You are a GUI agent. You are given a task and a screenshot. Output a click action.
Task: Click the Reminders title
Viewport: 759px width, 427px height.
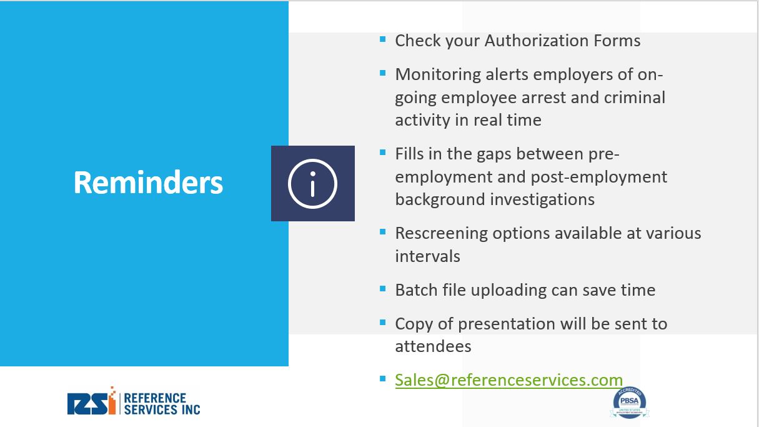click(148, 183)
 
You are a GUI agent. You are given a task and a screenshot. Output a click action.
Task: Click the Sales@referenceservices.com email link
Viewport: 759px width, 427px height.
click(508, 380)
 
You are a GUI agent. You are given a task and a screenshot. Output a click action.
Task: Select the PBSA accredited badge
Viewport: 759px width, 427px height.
click(629, 403)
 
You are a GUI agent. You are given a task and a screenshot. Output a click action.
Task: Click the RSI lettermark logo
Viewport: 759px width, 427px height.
click(91, 401)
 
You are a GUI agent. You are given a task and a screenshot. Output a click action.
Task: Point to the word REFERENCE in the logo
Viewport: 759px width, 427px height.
click(155, 398)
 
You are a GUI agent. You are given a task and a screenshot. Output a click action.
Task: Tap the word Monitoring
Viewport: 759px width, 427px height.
click(438, 75)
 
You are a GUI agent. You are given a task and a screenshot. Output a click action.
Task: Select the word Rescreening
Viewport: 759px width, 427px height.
click(441, 234)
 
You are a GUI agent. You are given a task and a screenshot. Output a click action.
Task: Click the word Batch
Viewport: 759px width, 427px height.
click(416, 290)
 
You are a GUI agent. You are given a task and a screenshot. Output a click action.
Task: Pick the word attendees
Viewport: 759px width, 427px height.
click(433, 346)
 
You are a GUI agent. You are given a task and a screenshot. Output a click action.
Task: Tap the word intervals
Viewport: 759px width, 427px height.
click(428, 256)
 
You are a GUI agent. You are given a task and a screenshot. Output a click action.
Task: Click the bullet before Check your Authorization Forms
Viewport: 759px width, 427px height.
click(383, 39)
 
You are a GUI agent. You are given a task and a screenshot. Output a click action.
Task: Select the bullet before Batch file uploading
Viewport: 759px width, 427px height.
click(383, 289)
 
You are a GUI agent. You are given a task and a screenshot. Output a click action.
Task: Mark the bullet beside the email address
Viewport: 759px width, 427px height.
click(383, 378)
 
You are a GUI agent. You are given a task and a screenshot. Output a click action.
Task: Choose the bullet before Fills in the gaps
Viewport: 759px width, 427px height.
click(383, 153)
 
